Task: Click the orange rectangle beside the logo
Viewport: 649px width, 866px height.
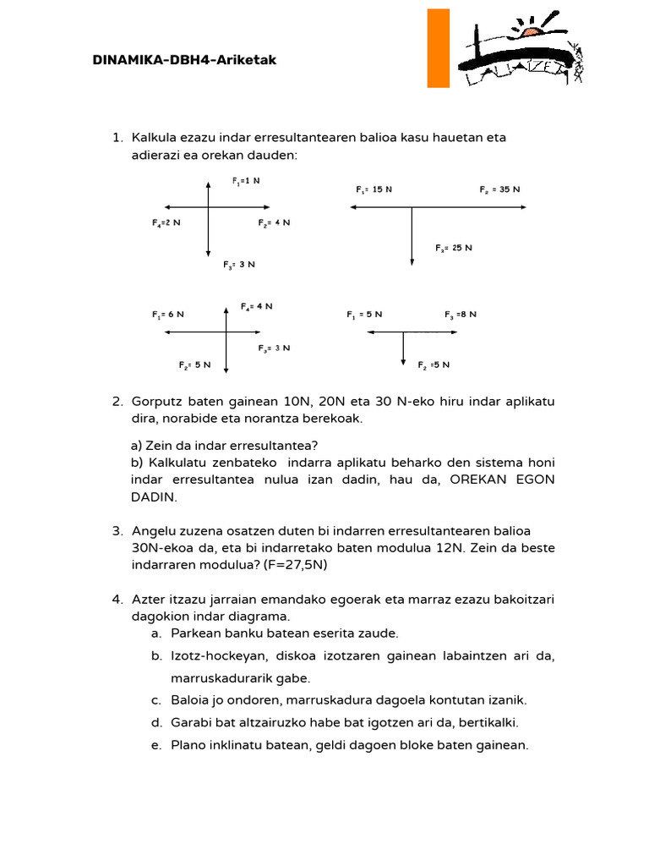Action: point(438,48)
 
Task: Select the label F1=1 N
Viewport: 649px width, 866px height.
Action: point(246,180)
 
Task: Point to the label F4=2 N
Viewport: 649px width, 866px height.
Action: point(166,222)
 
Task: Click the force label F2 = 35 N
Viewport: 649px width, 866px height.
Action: point(499,189)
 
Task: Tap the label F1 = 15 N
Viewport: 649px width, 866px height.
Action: point(374,189)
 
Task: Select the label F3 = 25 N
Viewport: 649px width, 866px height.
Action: point(454,248)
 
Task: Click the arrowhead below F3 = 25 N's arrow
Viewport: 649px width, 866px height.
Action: point(412,262)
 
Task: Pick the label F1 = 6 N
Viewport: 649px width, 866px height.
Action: point(168,314)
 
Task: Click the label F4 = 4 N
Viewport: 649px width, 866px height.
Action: point(256,306)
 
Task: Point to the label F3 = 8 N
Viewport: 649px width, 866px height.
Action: point(461,314)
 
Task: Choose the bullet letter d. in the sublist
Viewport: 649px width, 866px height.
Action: point(157,722)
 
